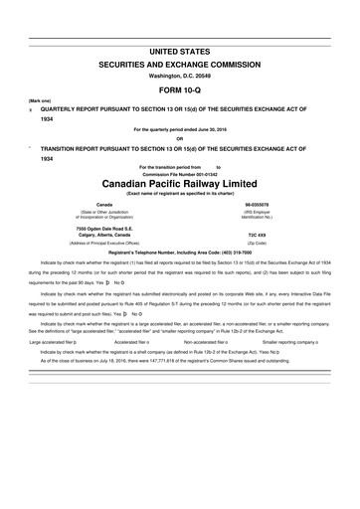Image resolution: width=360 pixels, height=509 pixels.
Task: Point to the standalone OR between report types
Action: (179, 138)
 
